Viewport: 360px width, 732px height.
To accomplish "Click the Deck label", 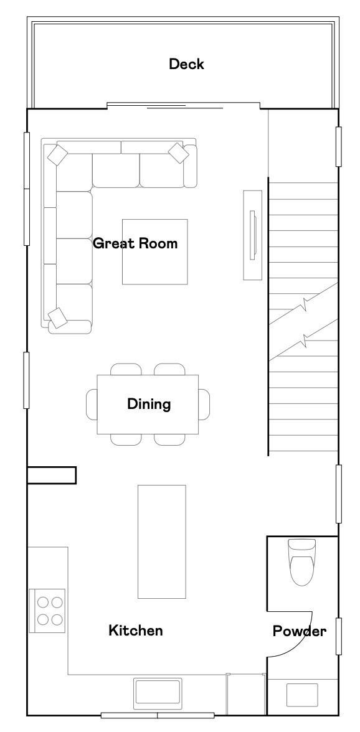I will [186, 64].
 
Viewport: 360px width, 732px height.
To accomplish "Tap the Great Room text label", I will [135, 243].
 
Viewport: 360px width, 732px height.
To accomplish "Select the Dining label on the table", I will [149, 404].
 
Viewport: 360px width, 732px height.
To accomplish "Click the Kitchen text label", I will [136, 631].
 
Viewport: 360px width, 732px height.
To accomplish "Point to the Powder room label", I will [300, 631].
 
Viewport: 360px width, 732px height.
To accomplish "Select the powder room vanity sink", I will [302, 695].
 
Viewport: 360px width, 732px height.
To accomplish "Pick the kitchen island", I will [161, 542].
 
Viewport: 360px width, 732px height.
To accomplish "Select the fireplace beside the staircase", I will [253, 235].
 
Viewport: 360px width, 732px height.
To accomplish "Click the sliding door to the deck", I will [184, 106].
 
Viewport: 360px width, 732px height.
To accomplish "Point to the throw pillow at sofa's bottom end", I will [58, 318].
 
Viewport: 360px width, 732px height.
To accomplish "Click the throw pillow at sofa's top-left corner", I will [58, 154].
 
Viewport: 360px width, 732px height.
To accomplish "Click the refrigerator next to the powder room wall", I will [246, 694].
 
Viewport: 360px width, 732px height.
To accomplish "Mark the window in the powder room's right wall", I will [339, 636].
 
